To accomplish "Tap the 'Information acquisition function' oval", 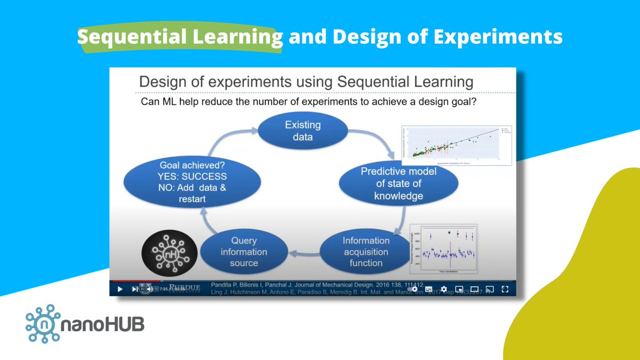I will tap(366, 251).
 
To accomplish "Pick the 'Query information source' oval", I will tap(244, 251).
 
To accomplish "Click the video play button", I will tap(119, 289).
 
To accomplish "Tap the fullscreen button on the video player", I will tap(504, 289).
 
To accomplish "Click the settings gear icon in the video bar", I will tap(444, 289).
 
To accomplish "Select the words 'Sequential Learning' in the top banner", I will tap(179, 37).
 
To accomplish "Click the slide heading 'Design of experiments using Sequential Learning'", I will tap(306, 82).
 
